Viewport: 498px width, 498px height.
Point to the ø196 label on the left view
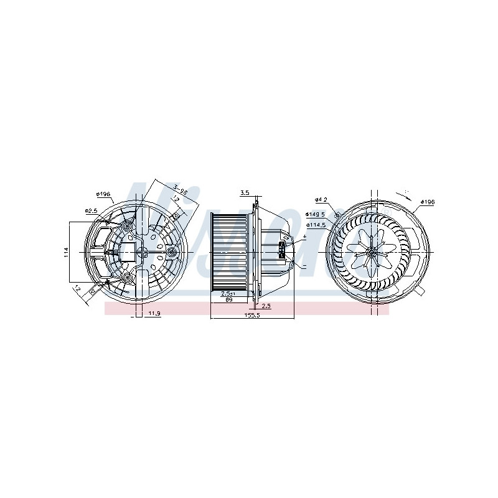pyautogui.click(x=103, y=194)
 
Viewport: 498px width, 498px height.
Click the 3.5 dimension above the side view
pyautogui.click(x=245, y=192)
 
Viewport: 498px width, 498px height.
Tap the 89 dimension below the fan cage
pyautogui.click(x=228, y=299)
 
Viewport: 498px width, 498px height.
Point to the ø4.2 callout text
pyautogui.click(x=321, y=199)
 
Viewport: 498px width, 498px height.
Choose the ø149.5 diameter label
pyautogui.click(x=316, y=215)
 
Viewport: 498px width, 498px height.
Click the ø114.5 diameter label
pyautogui.click(x=317, y=225)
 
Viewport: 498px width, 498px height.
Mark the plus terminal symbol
pyautogui.click(x=304, y=238)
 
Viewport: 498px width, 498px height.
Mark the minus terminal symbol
pyautogui.click(x=304, y=266)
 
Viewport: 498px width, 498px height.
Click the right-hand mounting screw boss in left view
pyautogui.click(x=172, y=251)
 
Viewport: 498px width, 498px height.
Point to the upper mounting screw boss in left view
pyautogui.click(x=128, y=227)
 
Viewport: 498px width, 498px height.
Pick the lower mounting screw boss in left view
pyautogui.click(x=128, y=276)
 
